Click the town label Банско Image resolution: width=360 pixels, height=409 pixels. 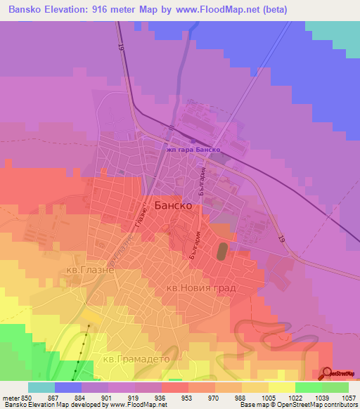[x=172, y=206]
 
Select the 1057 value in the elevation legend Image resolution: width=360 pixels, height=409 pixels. [x=347, y=398]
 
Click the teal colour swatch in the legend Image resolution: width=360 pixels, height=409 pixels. [x=41, y=387]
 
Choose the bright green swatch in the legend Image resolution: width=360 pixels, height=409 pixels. [x=308, y=387]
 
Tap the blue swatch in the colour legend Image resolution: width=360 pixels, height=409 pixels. [x=68, y=387]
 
